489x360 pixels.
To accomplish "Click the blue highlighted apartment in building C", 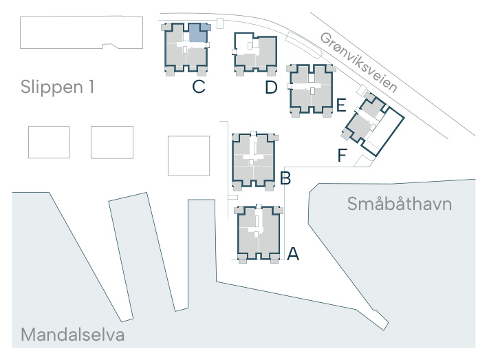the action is [197, 34].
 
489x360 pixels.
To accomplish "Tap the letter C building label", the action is [199, 87].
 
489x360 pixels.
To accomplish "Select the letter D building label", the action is [271, 87].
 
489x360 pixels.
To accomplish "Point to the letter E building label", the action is [341, 105].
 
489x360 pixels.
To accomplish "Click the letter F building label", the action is [343, 155].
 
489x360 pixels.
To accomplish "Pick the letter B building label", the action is [285, 178].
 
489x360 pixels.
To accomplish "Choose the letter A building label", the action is [293, 254].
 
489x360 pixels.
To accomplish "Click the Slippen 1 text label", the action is [57, 87].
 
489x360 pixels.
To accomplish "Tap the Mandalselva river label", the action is [73, 335].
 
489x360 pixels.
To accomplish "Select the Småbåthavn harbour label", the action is [400, 204].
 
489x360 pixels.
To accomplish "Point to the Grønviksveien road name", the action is [359, 63].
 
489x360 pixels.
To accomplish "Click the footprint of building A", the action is [259, 233].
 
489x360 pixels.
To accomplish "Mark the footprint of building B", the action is [254, 161].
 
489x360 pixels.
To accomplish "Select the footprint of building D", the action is [256, 54].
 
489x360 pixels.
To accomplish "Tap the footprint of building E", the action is [311, 91].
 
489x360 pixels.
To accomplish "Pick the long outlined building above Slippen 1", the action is [81, 32].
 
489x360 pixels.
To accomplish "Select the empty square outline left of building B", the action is [188, 156].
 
